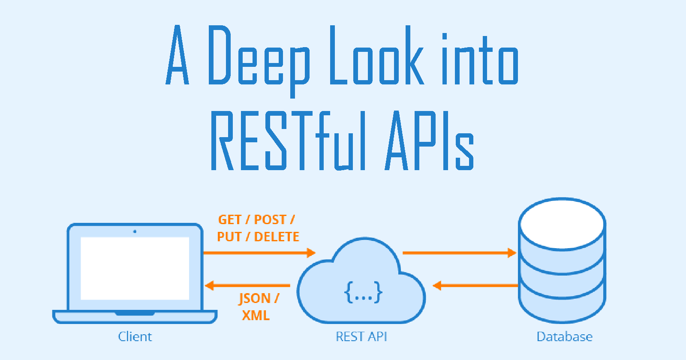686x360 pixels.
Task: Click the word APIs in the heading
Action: pos(429,141)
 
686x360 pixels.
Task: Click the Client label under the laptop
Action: pos(135,336)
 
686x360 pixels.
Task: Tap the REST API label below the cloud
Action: pos(361,336)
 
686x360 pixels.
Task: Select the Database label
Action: pos(564,336)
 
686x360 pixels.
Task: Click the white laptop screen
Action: pos(135,268)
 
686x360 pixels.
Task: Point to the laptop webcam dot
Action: pos(135,231)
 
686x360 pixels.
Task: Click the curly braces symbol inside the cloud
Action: pos(363,292)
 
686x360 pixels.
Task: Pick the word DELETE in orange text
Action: pos(277,237)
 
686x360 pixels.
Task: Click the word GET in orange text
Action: pos(229,220)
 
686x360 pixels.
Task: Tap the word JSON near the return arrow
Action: pos(254,298)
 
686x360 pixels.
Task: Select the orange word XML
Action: pos(256,315)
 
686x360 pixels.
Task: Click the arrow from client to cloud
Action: pos(259,253)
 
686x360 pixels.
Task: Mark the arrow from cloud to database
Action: pos(459,253)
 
